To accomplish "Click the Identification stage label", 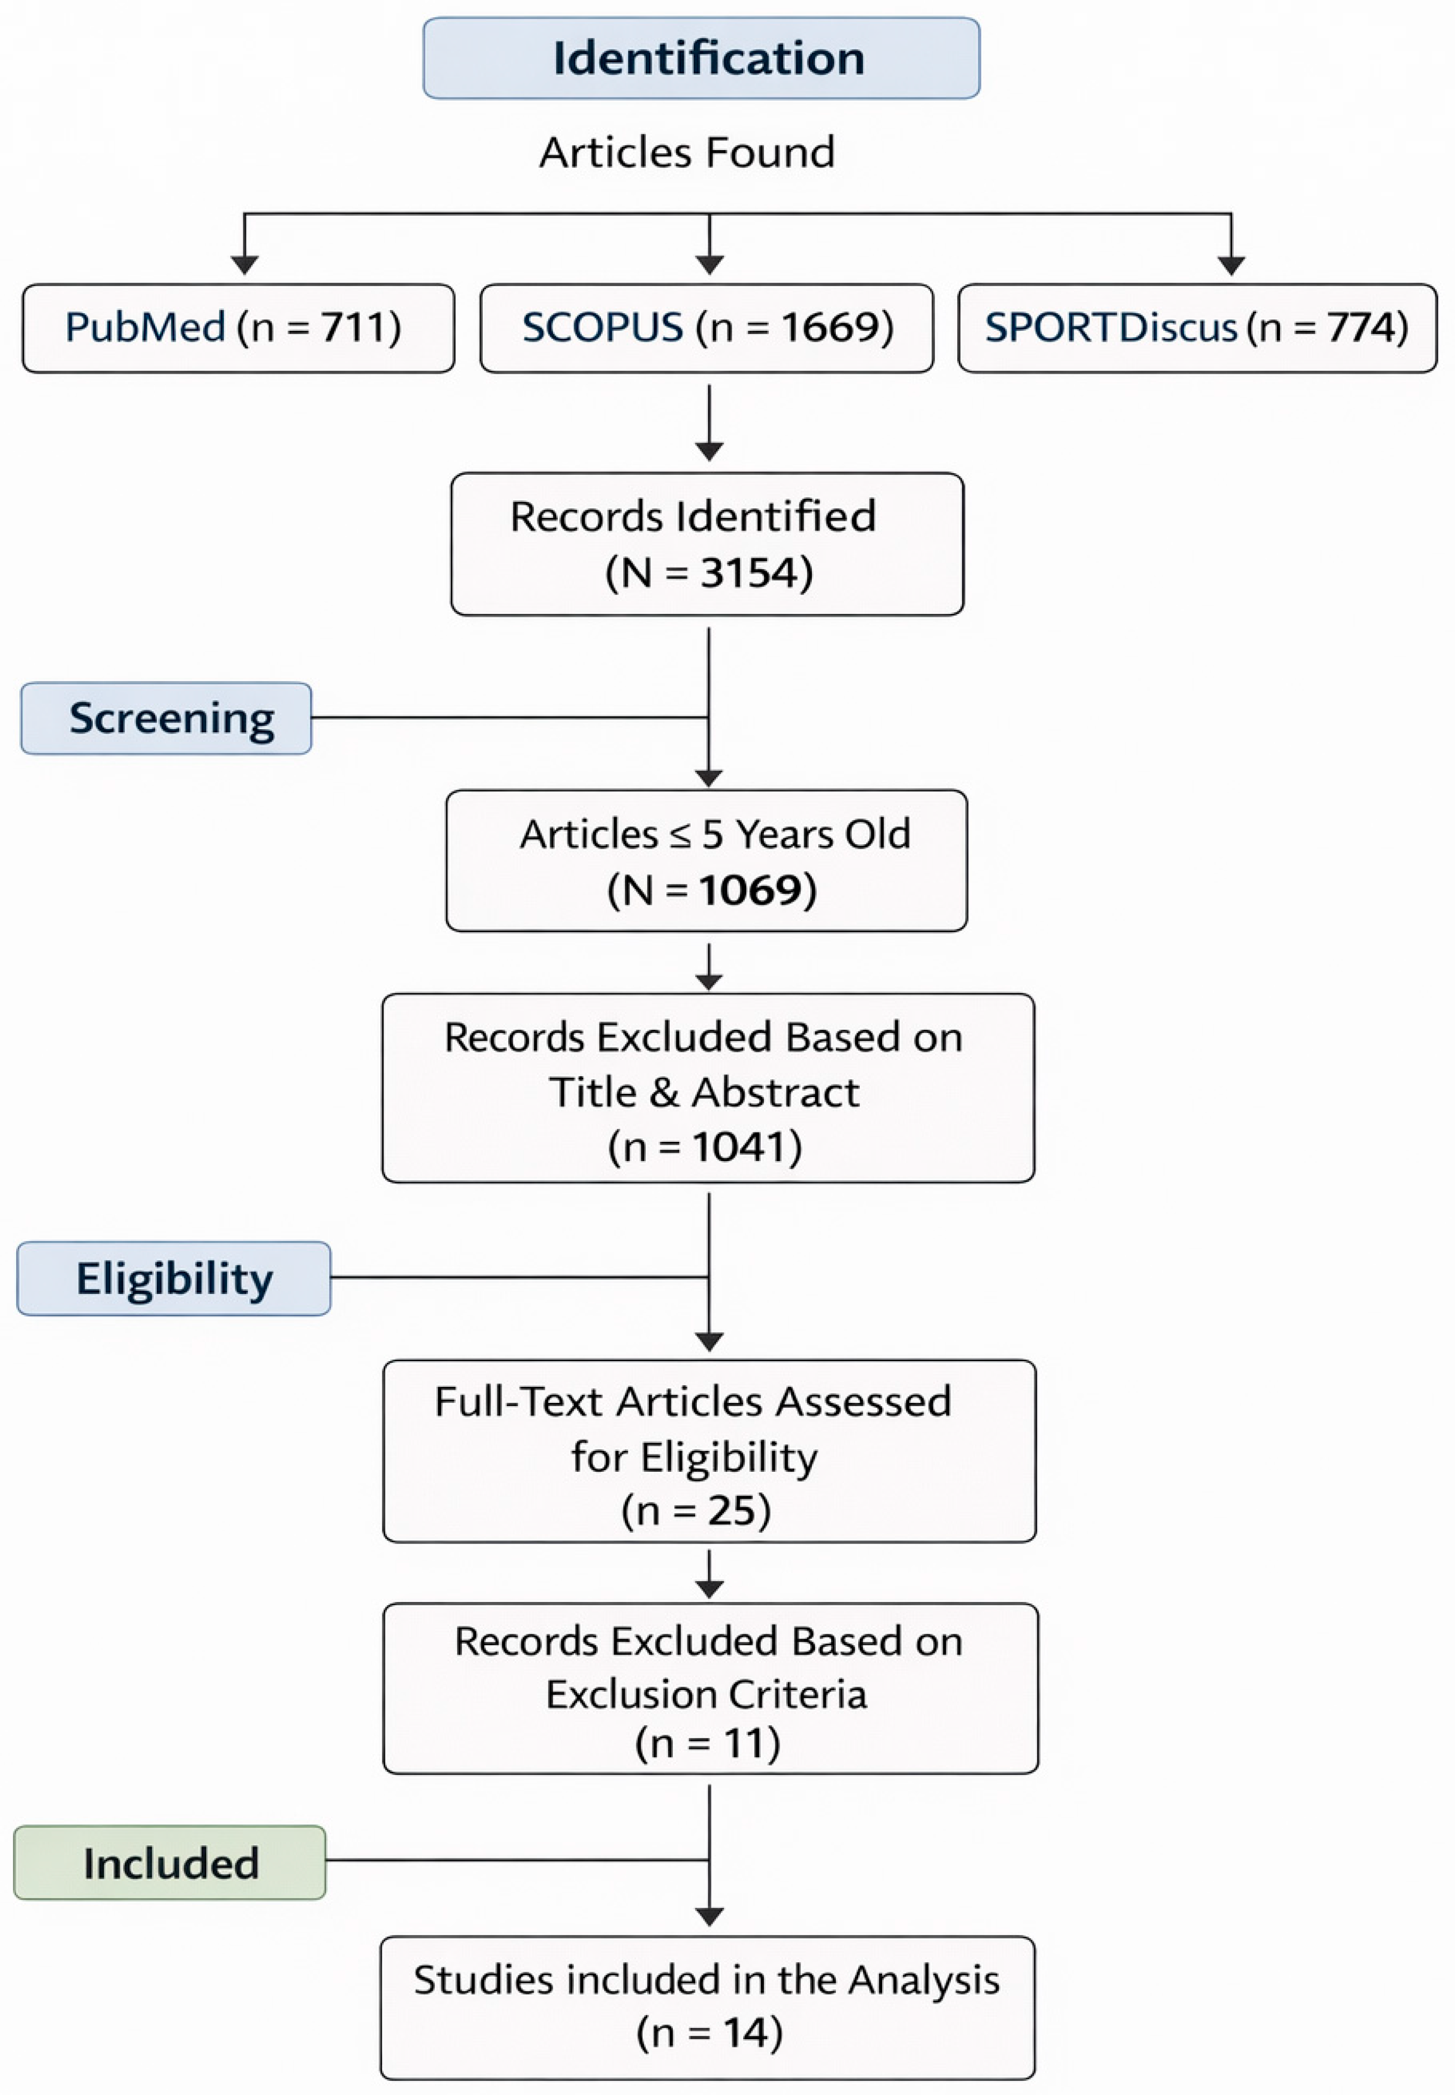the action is click(701, 57).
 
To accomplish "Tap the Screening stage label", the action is click(166, 718).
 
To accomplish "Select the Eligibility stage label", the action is click(173, 1278).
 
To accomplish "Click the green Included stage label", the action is click(170, 1863).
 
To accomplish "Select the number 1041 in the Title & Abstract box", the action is click(738, 1147).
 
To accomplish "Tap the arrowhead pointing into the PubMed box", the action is click(244, 265).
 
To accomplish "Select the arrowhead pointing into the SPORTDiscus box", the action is click(1232, 265).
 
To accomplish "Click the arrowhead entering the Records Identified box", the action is click(709, 451).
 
